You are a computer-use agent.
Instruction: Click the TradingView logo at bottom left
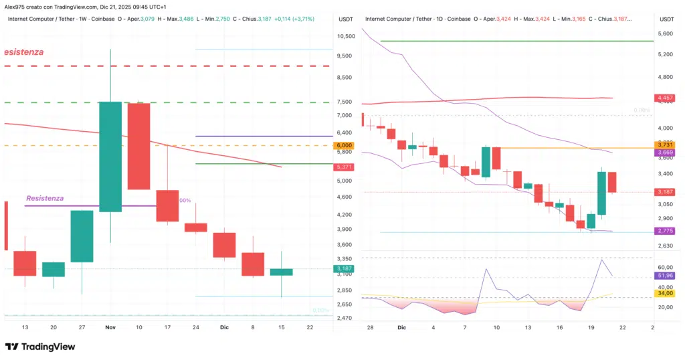click(40, 347)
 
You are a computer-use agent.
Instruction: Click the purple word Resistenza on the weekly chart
click(45, 198)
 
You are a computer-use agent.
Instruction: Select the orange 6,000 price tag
click(345, 145)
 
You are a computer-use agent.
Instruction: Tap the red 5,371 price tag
click(345, 167)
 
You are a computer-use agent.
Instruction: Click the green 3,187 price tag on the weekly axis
click(345, 268)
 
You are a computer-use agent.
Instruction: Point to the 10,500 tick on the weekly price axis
click(345, 37)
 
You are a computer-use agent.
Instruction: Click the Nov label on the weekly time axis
click(110, 327)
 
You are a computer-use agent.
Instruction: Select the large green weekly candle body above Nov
click(110, 157)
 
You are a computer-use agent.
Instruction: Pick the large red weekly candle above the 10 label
click(138, 147)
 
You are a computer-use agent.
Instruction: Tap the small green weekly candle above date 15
click(282, 272)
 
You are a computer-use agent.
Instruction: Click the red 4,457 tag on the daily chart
click(664, 98)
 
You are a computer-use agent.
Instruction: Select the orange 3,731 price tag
click(664, 145)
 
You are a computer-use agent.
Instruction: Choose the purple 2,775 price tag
click(664, 231)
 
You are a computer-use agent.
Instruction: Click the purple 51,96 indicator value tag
click(664, 276)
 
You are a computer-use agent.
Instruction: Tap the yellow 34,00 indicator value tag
click(664, 293)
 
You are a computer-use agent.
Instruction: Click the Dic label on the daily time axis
click(401, 328)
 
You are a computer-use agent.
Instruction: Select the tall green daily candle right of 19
click(602, 193)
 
